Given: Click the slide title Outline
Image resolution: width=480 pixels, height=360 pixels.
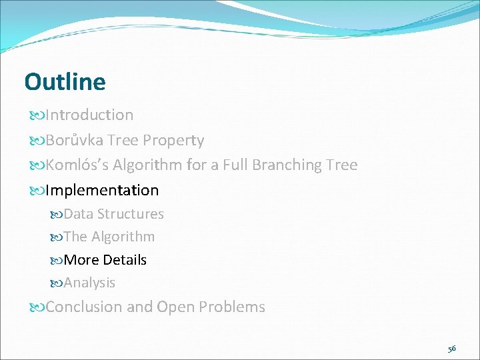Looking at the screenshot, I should (65, 82).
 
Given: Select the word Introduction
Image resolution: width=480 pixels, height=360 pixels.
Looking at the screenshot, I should (89, 115).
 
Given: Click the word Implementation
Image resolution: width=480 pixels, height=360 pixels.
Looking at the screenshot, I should (102, 190).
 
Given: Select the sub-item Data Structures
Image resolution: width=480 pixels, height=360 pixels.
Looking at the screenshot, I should (113, 214).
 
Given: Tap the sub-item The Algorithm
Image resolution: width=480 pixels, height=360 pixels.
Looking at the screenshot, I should (109, 237).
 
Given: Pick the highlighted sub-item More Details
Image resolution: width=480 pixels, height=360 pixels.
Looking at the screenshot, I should (105, 260).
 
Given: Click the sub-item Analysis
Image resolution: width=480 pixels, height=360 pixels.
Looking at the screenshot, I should (89, 283).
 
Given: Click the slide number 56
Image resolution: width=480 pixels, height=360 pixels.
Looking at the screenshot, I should (451, 349).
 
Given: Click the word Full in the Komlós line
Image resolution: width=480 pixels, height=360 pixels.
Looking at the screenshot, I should (237, 165).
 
